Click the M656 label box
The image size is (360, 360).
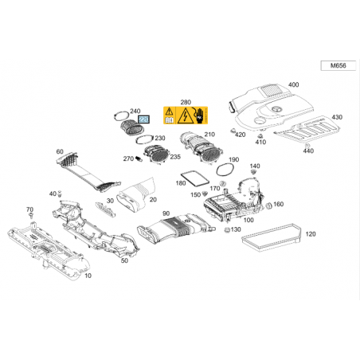pos(338,65)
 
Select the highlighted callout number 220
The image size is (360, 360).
pos(143,119)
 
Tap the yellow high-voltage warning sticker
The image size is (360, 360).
pos(186,115)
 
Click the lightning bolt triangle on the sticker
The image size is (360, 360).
pos(185,115)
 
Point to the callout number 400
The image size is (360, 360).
pos(293,84)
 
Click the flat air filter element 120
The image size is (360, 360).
pos(272,237)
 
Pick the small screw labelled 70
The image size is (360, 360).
pos(31,215)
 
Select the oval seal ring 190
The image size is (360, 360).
pos(225,170)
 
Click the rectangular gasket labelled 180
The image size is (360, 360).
pos(194,178)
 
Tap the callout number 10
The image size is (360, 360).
pos(88,276)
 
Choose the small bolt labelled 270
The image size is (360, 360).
pos(139,159)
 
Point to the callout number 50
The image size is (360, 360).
pos(124,260)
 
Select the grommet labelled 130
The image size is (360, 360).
pos(227,229)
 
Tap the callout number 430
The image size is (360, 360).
pos(337,117)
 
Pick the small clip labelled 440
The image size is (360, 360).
pos(307,146)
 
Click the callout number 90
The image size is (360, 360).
pos(166,213)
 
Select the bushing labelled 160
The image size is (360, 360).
pos(268,205)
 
